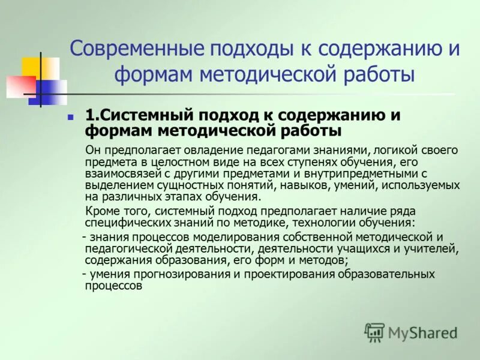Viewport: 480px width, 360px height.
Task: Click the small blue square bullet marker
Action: pyautogui.click(x=70, y=115)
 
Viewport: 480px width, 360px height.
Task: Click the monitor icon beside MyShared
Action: pyautogui.click(x=374, y=332)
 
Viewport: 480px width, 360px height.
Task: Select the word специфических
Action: pyautogui.click(x=119, y=223)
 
